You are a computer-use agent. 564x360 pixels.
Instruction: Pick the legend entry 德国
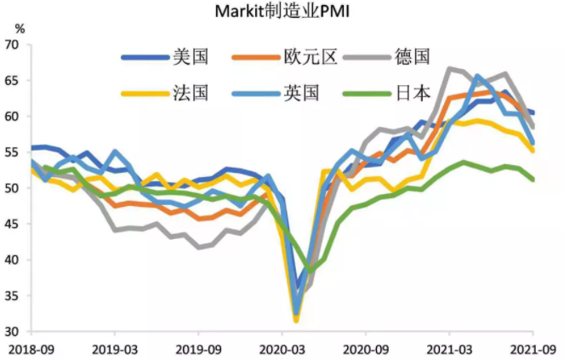pyautogui.click(x=413, y=57)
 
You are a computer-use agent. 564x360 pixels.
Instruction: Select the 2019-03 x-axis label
pyautogui.click(x=115, y=348)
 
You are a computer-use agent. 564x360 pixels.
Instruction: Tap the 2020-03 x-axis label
pyautogui.click(x=282, y=348)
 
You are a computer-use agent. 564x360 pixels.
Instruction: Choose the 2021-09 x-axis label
pyautogui.click(x=533, y=348)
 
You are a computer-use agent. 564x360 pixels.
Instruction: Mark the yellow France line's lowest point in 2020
pyautogui.click(x=297, y=320)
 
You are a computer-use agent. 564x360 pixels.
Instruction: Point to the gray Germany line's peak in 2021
pyautogui.click(x=450, y=68)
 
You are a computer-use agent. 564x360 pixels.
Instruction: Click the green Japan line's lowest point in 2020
pyautogui.click(x=311, y=270)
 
